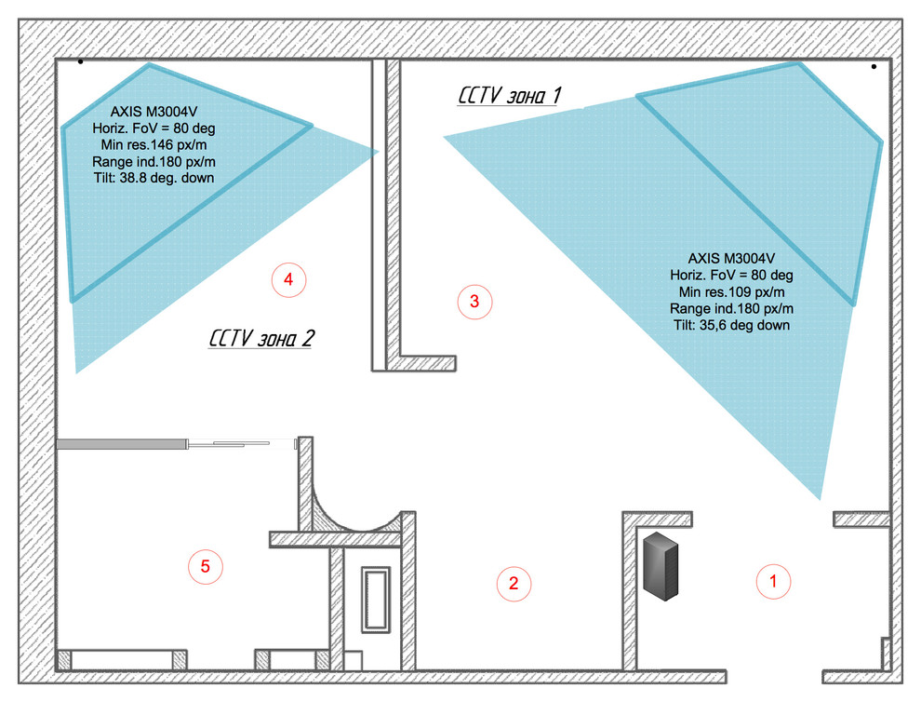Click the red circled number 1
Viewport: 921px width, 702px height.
[773, 582]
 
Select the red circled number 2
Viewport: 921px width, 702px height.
[514, 583]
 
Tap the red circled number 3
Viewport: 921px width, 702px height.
[474, 302]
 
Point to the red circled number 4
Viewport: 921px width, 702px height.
[288, 280]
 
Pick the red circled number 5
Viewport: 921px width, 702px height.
[205, 566]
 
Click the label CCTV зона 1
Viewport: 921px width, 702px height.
[509, 95]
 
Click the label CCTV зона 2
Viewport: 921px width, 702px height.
[261, 338]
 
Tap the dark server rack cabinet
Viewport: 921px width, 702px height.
[661, 565]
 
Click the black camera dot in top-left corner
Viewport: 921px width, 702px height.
[80, 61]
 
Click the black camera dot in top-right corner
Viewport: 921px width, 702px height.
[874, 67]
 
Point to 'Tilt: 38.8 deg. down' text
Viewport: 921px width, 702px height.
[153, 178]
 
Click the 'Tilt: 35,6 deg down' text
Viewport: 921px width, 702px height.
[732, 325]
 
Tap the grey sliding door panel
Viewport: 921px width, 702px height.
[122, 444]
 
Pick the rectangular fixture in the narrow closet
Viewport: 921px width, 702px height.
[375, 599]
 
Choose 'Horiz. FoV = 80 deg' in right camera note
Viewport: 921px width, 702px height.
[732, 276]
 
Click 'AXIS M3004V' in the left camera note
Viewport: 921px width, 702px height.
[153, 112]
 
